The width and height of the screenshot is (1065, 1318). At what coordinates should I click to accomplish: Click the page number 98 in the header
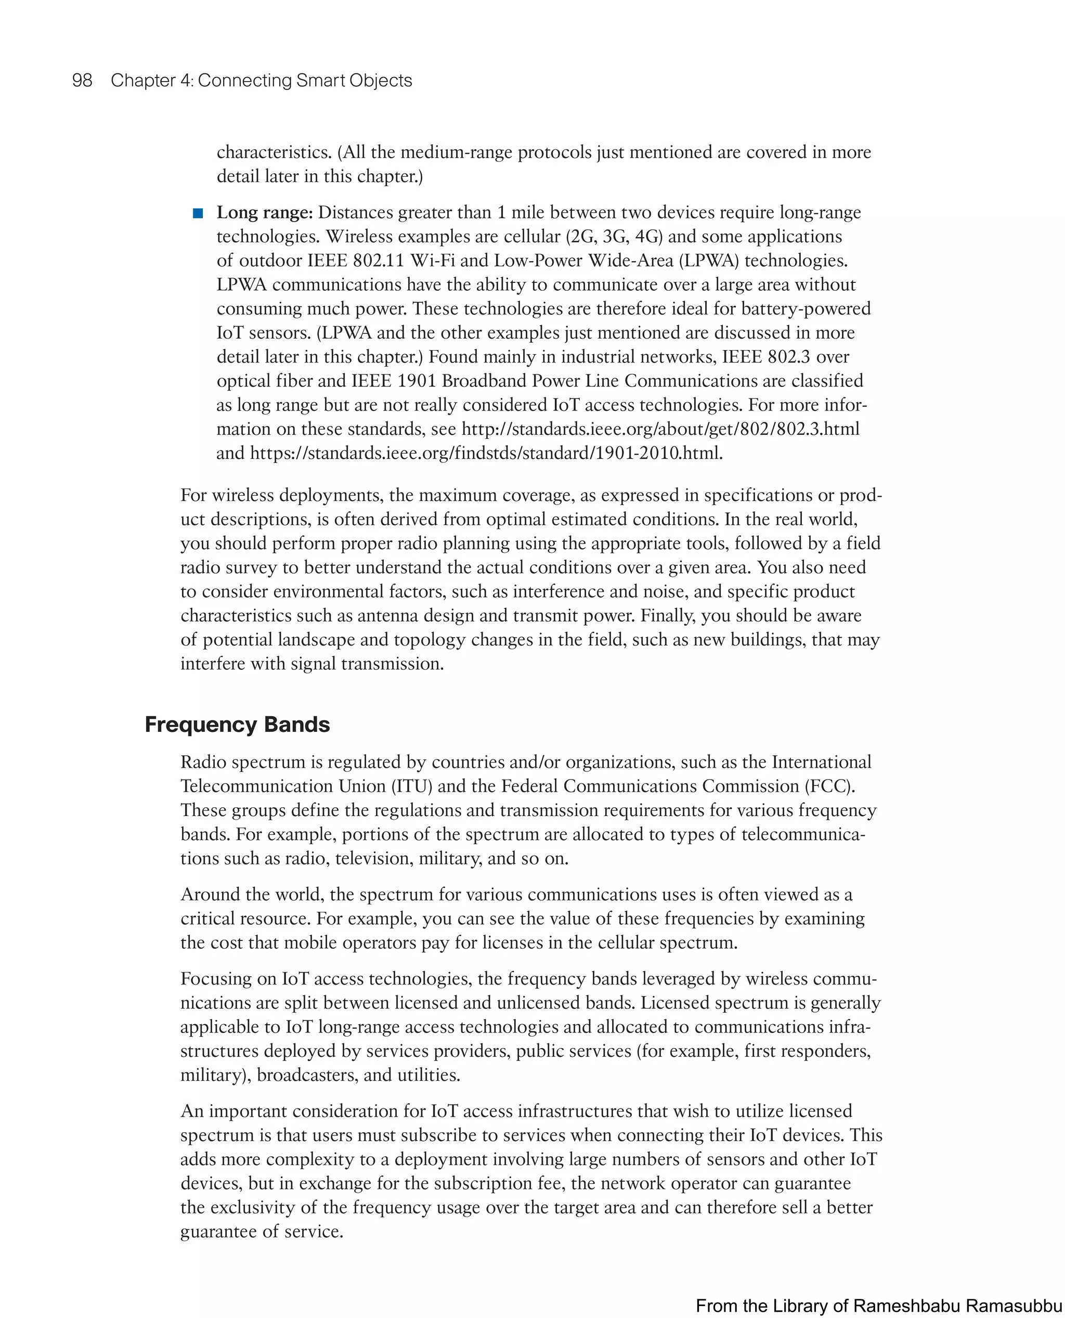click(82, 81)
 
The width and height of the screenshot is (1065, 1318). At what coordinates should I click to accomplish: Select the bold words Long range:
click(264, 212)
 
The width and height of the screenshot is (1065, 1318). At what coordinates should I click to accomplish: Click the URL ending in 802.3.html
click(660, 429)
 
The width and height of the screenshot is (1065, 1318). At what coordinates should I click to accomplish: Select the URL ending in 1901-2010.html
click(486, 453)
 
